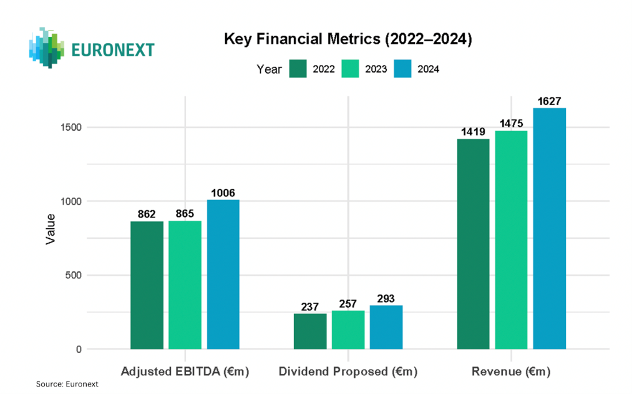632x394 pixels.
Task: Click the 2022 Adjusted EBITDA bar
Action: (147, 285)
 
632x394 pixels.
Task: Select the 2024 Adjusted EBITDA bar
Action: (223, 274)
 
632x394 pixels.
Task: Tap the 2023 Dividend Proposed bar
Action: (348, 330)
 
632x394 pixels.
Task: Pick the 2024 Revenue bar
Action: (549, 228)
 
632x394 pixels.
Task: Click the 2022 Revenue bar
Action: (473, 244)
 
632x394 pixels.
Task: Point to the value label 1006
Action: (223, 193)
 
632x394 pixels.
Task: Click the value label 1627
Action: (549, 101)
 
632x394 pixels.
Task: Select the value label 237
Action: (310, 307)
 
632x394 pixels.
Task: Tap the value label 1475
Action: (511, 124)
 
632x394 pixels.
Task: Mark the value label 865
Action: (185, 215)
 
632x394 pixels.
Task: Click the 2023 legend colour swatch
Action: (350, 69)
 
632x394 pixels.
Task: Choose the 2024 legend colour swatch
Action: (403, 69)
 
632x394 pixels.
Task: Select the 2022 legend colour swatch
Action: (298, 69)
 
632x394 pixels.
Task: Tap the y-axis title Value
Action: (51, 229)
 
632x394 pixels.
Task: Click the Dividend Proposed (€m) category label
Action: (348, 372)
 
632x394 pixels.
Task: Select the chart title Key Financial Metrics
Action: (348, 40)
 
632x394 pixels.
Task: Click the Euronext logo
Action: (92, 48)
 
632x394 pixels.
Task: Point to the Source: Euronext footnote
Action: (67, 384)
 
